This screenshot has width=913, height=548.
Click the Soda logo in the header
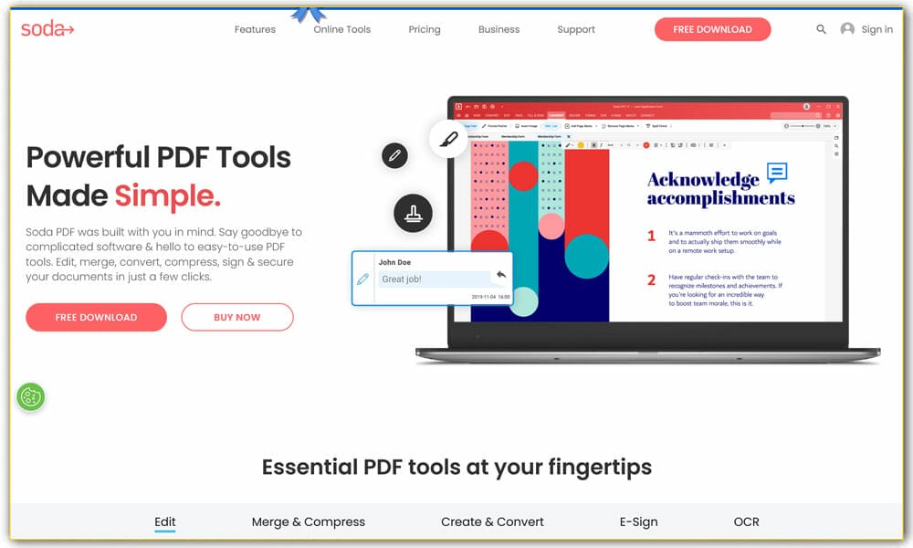tap(47, 29)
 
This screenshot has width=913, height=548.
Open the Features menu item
tap(255, 29)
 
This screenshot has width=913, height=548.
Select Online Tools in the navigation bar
tap(342, 29)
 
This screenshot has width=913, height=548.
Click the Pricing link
tap(425, 29)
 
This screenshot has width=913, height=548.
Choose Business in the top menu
tap(498, 29)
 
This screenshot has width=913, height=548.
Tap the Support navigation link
tap(576, 29)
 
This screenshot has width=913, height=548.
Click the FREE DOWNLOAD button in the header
tap(712, 29)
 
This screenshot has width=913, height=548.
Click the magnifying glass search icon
tap(821, 29)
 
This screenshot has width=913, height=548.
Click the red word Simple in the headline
tap(167, 195)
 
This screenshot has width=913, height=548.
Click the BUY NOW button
tap(237, 317)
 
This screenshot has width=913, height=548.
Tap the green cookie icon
tap(31, 396)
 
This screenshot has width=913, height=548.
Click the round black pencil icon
tap(394, 155)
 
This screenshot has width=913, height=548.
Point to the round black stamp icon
tap(413, 214)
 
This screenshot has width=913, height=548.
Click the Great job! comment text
tap(402, 279)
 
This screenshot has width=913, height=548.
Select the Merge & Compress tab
tap(309, 522)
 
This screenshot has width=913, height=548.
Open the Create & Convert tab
tap(492, 522)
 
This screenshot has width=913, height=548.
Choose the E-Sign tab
tap(638, 522)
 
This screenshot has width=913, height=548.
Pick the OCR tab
tap(746, 522)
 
